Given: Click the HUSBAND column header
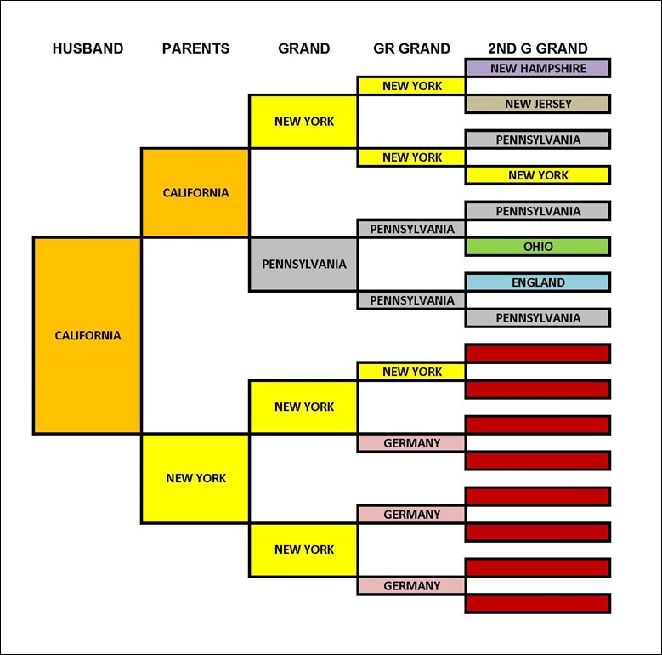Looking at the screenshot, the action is [x=88, y=48].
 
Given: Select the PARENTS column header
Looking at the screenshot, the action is [x=195, y=48].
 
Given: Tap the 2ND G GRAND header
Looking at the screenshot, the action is [x=538, y=48].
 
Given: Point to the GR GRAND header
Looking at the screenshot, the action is [x=411, y=48].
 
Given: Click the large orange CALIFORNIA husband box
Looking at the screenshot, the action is [x=88, y=335].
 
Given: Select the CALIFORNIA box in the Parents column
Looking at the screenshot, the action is [x=195, y=192].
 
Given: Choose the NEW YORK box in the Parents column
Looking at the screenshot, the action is [x=195, y=478].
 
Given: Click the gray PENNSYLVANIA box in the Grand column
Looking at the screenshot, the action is [x=304, y=264].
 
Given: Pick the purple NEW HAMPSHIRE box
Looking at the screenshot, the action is [x=538, y=68].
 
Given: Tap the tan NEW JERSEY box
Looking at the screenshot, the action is [x=538, y=104].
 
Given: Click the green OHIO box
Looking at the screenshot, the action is [x=538, y=247].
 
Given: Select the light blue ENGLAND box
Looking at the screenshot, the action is [x=538, y=282].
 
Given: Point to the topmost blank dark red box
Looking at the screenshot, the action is [x=538, y=353].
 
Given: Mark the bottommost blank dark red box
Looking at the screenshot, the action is [x=538, y=603].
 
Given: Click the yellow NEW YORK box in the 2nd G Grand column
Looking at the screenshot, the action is [x=538, y=175].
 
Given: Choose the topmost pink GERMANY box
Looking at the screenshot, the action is [x=411, y=443].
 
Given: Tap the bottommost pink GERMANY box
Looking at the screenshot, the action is [x=411, y=586].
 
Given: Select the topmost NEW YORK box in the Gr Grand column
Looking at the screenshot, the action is [x=411, y=86].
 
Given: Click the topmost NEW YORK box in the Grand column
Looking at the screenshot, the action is [x=304, y=121].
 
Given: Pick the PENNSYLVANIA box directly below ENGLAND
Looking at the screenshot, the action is [x=538, y=318].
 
